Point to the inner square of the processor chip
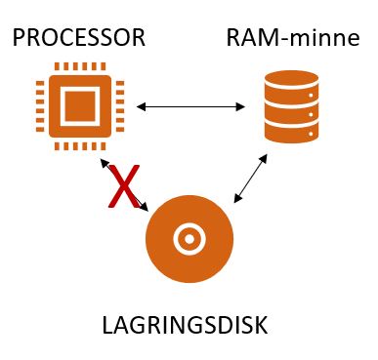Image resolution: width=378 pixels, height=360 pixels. [x=80, y=105]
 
